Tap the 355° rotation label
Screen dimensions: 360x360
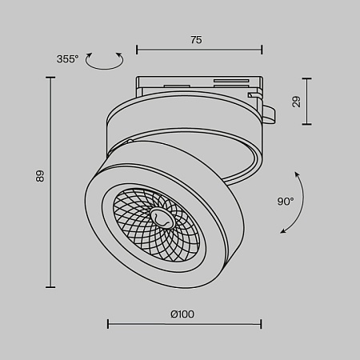[x=68, y=59]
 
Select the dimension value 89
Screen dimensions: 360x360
[x=39, y=177]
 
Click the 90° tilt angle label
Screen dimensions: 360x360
[x=285, y=202]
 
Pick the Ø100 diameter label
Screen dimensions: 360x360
[x=182, y=314]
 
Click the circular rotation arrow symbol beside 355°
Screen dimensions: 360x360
[x=105, y=60]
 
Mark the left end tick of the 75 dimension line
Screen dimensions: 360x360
[x=137, y=50]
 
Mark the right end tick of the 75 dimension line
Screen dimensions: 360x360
[x=262, y=50]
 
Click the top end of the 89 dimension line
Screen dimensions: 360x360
[x=52, y=78]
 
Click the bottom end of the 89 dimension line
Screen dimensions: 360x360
[x=52, y=286]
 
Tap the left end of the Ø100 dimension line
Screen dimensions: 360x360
[x=108, y=324]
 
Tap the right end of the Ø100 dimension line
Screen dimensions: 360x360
[x=261, y=324]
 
